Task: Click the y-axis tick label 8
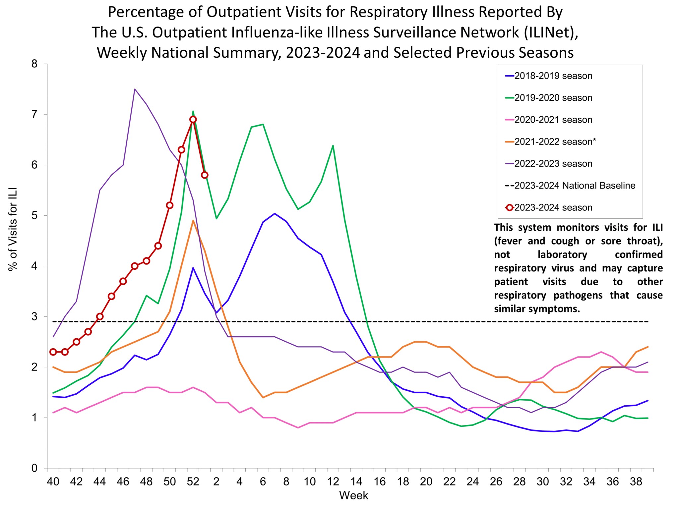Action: [x=34, y=64]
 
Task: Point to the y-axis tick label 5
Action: [x=34, y=216]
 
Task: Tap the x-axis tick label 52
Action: [x=193, y=481]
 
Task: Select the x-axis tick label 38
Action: [x=636, y=481]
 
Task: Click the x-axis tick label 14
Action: [x=356, y=481]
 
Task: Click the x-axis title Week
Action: [x=353, y=495]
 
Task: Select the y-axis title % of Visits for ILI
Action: [x=13, y=229]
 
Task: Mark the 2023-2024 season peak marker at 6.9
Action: [x=193, y=119]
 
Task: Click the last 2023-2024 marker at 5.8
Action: [x=205, y=175]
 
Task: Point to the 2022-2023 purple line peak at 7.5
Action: [x=135, y=89]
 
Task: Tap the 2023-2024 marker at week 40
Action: [x=53, y=352]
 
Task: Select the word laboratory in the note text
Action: [x=562, y=254]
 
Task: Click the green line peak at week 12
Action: [x=333, y=145]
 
